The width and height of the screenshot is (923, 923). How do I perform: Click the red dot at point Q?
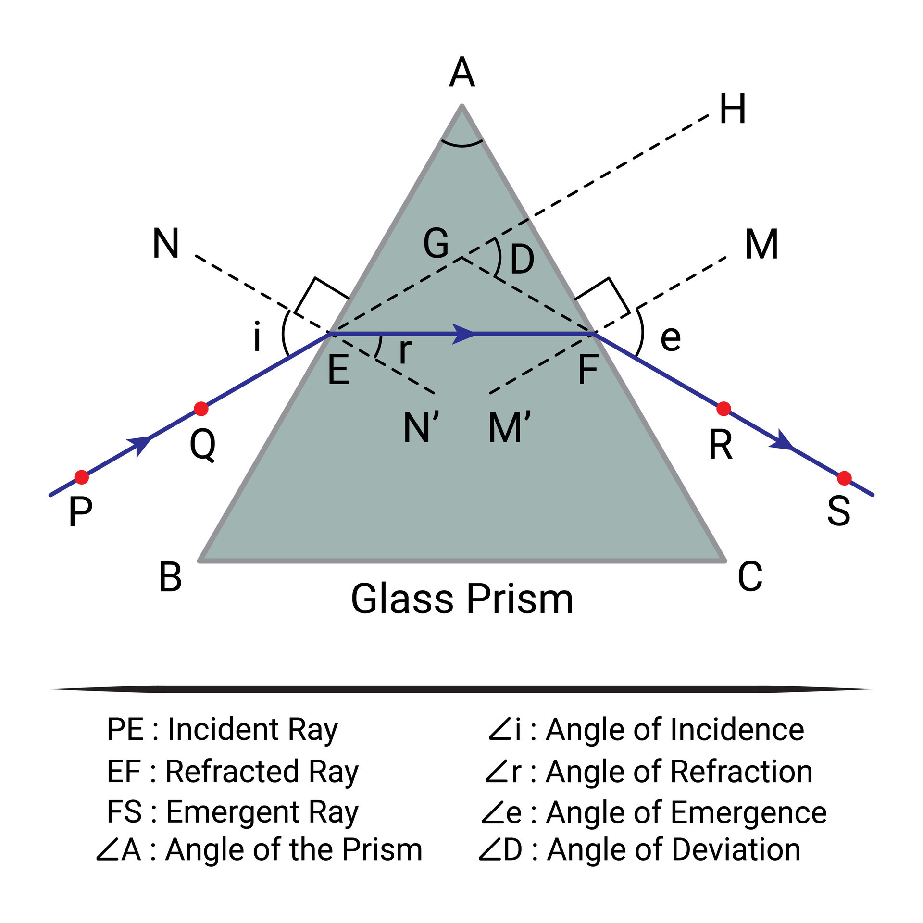click(x=201, y=409)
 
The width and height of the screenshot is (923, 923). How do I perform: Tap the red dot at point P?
click(x=82, y=477)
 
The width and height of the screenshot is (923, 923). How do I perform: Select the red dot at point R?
click(x=723, y=409)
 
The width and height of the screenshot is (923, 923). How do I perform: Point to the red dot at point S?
click(x=844, y=478)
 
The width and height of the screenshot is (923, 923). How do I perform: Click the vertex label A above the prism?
click(x=462, y=73)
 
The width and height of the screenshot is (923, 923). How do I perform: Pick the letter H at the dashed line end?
click(x=733, y=110)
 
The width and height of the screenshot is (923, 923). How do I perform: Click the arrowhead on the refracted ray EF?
click(x=462, y=334)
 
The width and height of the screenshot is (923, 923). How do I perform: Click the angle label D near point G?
click(x=522, y=259)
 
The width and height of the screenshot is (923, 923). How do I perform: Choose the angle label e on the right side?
click(x=671, y=338)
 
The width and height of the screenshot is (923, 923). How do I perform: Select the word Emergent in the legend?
click(x=232, y=812)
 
